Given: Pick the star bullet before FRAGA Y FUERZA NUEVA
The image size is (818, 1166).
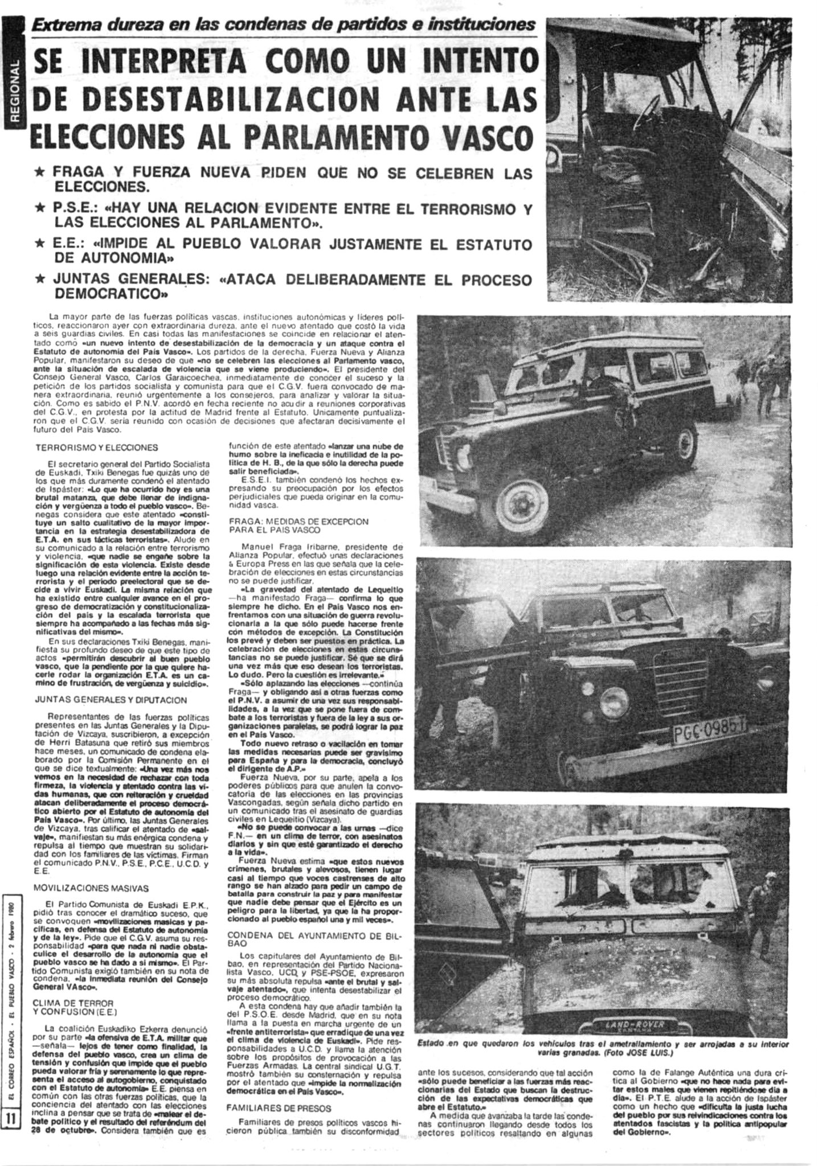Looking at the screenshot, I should pyautogui.click(x=40, y=172).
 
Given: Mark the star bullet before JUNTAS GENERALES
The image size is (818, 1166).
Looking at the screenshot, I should pyautogui.click(x=40, y=280).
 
